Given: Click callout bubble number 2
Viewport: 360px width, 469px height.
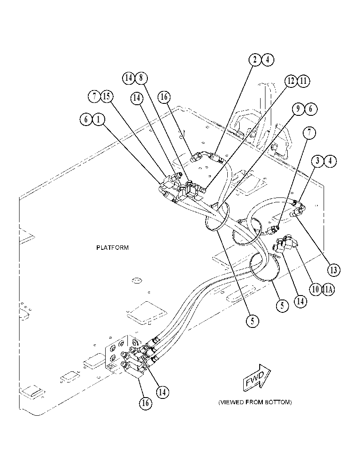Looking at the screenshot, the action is [255, 60].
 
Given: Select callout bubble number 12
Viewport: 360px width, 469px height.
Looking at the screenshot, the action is [291, 81].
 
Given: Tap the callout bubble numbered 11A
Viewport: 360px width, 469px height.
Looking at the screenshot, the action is [328, 290].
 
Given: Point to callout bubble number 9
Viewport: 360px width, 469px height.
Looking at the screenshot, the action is [298, 109].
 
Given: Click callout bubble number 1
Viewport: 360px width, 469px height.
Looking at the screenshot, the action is [99, 120].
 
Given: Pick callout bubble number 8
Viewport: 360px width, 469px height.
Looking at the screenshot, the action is [141, 78].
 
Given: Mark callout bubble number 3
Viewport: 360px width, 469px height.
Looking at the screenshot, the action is [317, 161].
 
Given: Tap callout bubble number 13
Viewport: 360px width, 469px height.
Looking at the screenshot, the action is [334, 270].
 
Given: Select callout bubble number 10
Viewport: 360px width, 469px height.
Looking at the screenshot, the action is [316, 290].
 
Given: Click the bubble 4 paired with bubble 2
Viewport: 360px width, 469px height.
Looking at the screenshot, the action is [268, 60].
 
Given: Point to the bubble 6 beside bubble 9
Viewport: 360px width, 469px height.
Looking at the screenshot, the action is [311, 109].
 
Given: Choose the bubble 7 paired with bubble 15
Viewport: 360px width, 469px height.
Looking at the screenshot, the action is [94, 96].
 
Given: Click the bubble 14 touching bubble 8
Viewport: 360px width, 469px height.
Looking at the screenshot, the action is [129, 78].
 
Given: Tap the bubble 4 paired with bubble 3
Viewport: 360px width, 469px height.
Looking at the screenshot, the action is [330, 161].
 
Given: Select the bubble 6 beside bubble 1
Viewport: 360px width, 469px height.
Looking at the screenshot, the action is [86, 120].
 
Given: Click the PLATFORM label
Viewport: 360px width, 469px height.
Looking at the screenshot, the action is [112, 248].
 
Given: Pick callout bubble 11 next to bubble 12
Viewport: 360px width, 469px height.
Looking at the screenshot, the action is [304, 81].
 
